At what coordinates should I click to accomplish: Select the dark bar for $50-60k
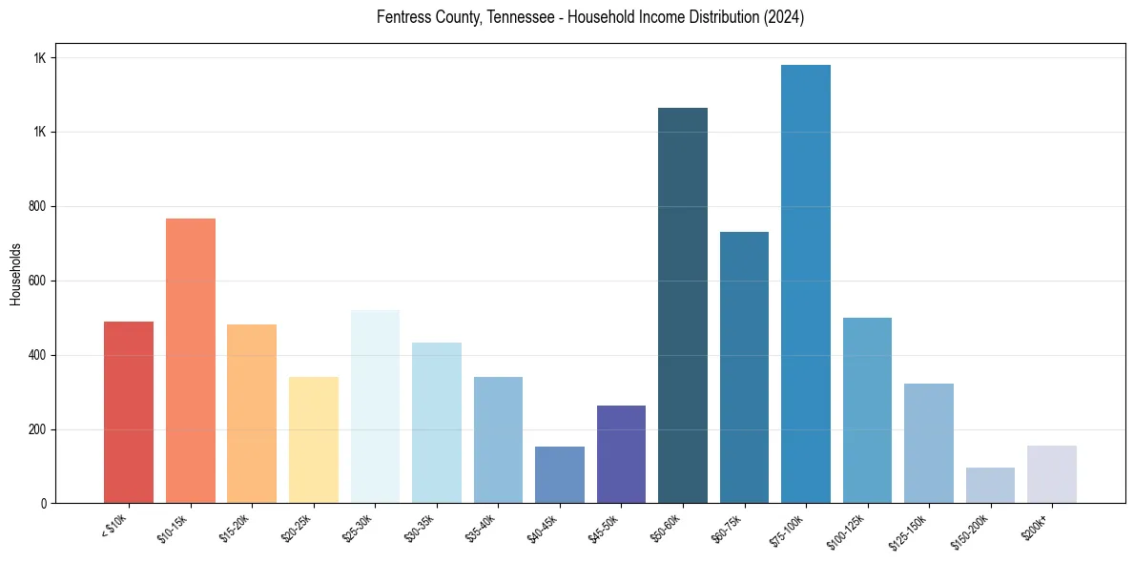click(683, 305)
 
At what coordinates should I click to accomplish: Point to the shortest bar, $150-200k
click(990, 486)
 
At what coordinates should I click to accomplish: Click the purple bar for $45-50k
click(621, 454)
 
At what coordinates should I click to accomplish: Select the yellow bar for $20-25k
click(314, 440)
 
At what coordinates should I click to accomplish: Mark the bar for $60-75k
click(744, 367)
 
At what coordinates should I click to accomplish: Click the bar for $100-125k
click(867, 410)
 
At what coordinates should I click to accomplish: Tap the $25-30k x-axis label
click(358, 528)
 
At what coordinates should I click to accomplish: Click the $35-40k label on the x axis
click(481, 528)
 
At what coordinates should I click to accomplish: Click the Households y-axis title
click(16, 274)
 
